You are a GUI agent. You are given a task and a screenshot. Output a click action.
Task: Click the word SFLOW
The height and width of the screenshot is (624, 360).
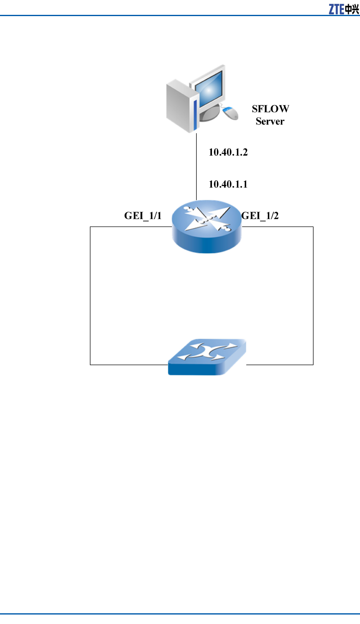[x=271, y=109]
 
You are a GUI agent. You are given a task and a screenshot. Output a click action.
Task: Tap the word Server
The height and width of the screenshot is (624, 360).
[x=270, y=121]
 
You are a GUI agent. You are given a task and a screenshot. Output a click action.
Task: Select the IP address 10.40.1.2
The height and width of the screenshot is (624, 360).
[x=228, y=152]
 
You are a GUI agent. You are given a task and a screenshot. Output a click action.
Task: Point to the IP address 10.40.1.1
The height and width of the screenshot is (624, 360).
[x=228, y=184]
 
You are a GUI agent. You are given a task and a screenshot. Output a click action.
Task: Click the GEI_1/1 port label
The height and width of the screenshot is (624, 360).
[x=143, y=215]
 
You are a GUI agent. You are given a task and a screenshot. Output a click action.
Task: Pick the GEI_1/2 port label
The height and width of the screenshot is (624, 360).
[x=260, y=215]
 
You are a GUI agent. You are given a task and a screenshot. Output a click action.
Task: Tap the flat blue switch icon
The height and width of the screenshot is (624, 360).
[x=207, y=357]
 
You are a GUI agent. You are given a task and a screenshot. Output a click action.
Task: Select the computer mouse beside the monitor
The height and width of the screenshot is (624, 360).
[x=231, y=112]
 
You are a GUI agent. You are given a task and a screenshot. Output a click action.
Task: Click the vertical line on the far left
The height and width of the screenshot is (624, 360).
[x=90, y=295]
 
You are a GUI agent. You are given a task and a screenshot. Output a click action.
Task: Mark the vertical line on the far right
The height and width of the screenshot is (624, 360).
[x=313, y=295]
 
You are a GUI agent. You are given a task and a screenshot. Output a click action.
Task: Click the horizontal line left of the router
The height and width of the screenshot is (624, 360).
[x=130, y=227]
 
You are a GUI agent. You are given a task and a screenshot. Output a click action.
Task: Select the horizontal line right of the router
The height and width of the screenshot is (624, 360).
[x=277, y=227]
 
